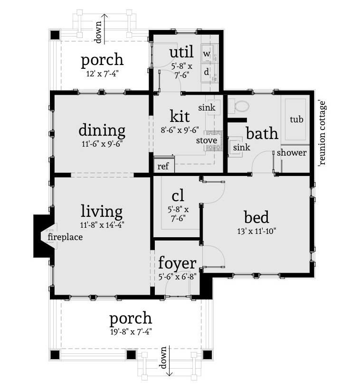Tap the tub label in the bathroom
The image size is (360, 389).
coord(296,120)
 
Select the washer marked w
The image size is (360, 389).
coord(207,54)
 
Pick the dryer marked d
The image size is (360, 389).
coord(207,72)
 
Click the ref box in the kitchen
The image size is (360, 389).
coord(163,167)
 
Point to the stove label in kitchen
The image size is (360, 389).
coord(207,140)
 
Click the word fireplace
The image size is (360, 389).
coord(65,237)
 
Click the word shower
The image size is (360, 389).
coord(291,153)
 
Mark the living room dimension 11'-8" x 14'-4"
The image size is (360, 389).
coord(102,225)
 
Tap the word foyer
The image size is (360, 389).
coord(177,263)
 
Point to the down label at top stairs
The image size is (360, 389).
coord(98,32)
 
